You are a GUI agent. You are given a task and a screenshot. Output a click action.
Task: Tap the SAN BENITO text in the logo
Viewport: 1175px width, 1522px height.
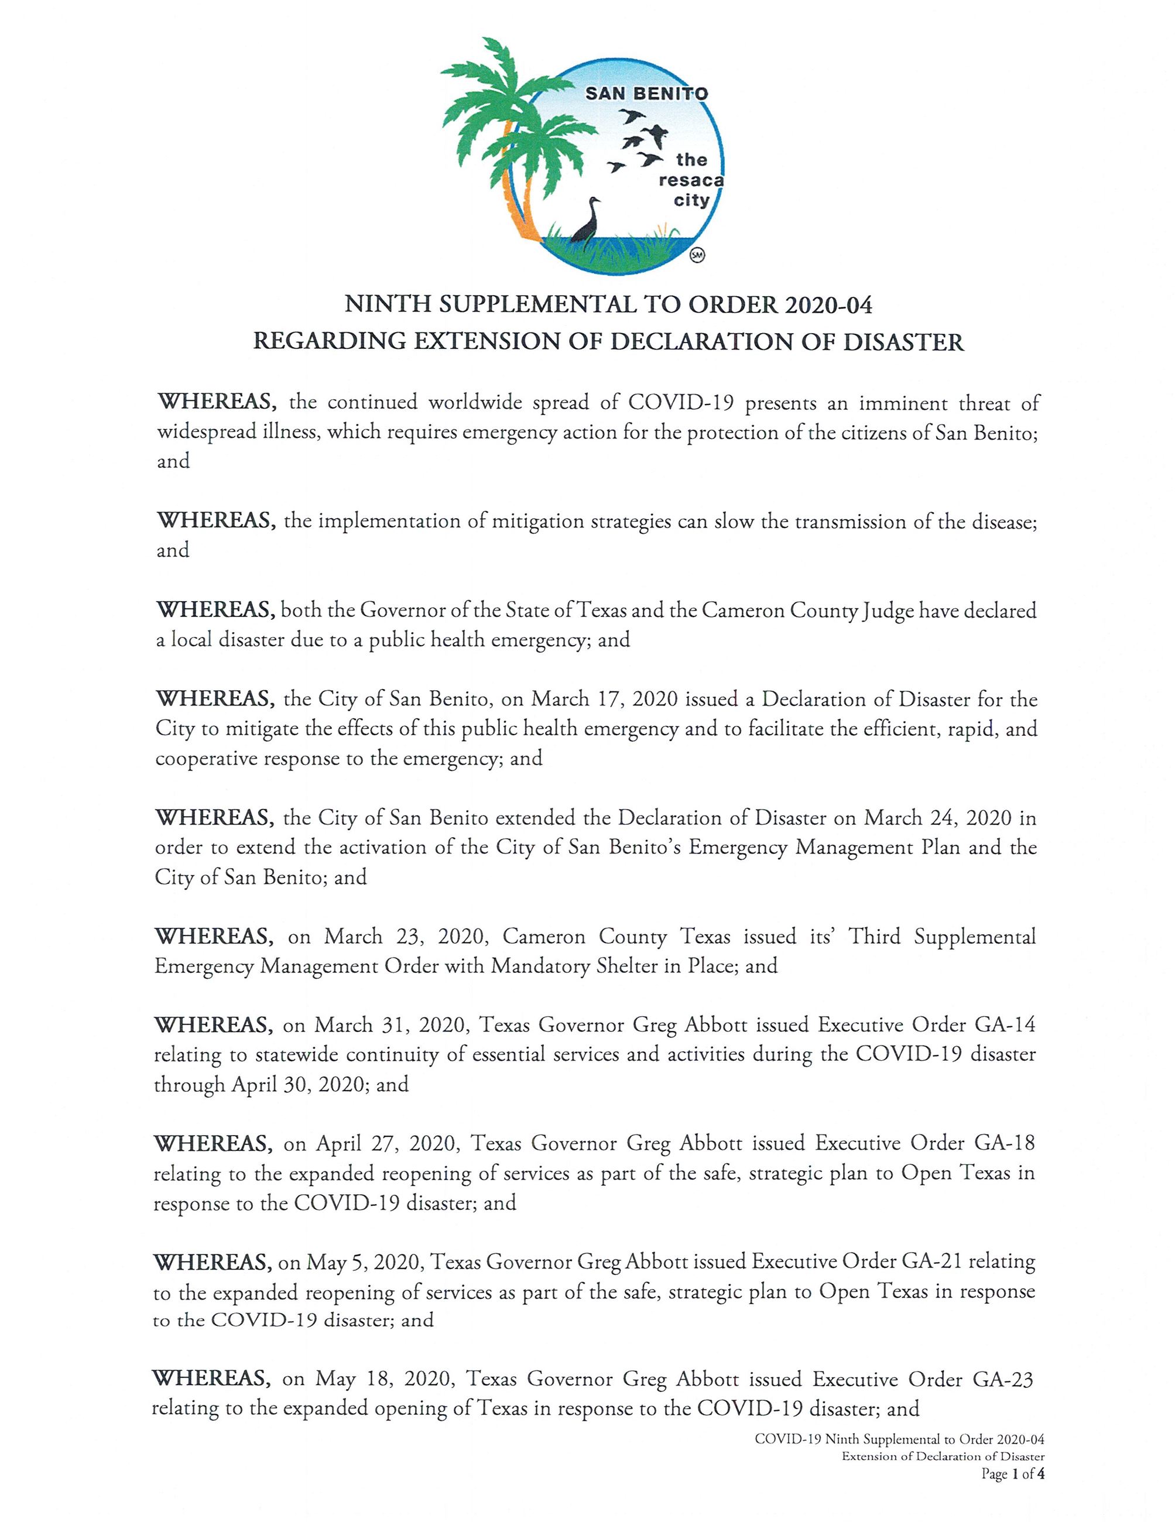pos(646,94)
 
